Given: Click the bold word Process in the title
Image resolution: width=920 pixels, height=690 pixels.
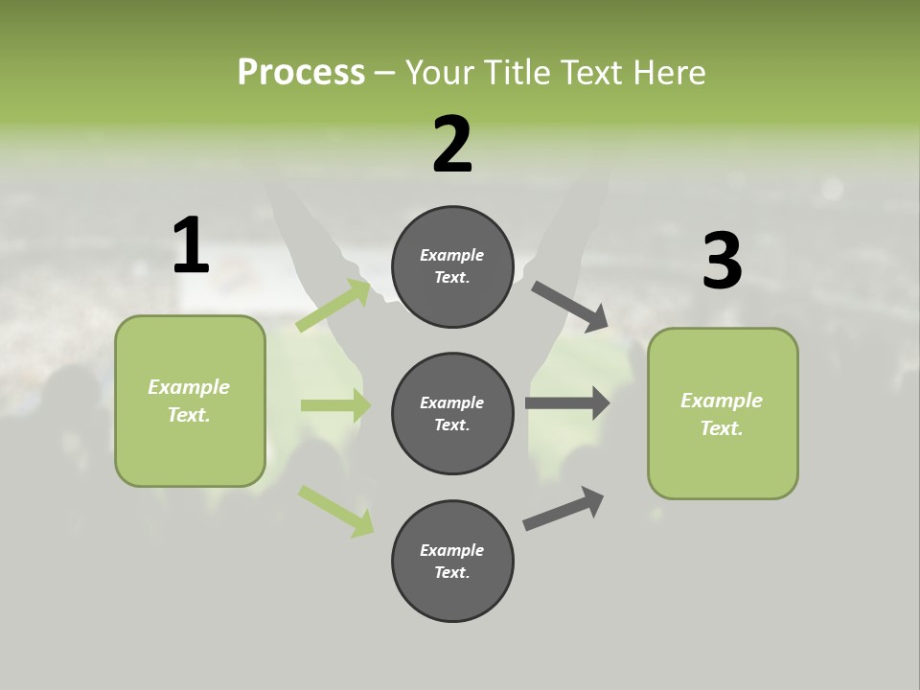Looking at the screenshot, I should coord(301,72).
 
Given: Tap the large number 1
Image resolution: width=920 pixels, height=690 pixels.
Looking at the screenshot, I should coord(191,245).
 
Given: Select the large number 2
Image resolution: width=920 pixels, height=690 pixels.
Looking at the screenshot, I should coord(452,145).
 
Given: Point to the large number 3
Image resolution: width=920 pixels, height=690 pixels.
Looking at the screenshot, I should coord(722,261).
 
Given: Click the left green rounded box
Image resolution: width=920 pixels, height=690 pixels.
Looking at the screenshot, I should coord(190,401).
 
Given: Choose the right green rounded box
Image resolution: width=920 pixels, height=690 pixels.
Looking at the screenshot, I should coord(723,414).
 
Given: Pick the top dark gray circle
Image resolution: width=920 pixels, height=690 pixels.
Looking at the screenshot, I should coord(452,266).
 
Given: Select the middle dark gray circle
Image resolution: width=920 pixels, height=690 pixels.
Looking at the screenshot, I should coord(452,414).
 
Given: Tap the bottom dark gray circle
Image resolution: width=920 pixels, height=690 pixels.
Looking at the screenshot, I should coord(452,562).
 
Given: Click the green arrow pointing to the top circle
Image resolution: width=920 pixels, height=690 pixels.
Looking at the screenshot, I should coord(333,306).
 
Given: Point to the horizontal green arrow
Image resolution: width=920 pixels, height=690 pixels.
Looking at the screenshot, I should coord(335,405).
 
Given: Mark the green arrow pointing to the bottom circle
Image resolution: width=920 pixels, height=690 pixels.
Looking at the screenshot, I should coord(335,511).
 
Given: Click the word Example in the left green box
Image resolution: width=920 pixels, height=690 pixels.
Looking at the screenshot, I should coord(189,387).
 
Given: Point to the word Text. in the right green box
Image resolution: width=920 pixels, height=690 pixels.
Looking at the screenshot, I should coord(722,428).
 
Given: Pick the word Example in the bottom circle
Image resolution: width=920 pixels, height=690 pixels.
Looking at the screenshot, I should coord(452,550).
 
